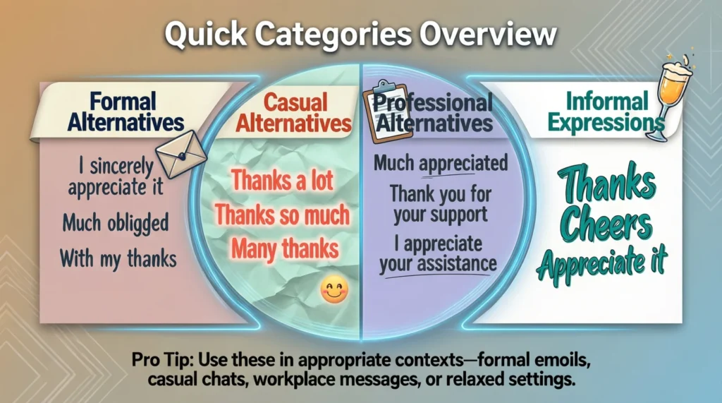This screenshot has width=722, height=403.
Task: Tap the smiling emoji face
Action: (334, 289)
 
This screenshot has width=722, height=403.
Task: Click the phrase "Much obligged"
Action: (116, 224)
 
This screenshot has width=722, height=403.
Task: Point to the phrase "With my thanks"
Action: (118, 258)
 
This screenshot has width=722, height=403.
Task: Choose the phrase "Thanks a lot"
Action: (282, 181)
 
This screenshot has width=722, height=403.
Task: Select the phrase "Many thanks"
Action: (284, 248)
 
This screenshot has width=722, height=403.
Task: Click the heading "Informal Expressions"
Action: (606, 112)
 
